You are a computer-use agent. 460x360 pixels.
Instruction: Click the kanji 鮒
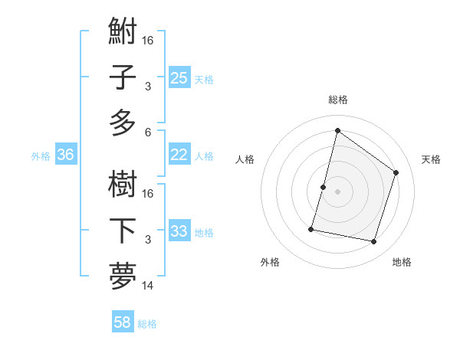click(123, 34)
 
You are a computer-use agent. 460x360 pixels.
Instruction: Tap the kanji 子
click(123, 78)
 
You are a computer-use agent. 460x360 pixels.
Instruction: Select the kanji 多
click(123, 123)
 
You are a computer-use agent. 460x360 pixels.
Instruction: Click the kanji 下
click(123, 231)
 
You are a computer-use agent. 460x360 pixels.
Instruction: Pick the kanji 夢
click(123, 276)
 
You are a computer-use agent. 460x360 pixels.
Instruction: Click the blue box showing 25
click(179, 78)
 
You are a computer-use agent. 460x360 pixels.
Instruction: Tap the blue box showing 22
click(179, 155)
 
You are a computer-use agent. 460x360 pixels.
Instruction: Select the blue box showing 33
click(179, 231)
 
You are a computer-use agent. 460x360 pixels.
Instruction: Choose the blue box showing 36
click(66, 155)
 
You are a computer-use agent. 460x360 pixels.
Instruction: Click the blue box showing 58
click(123, 322)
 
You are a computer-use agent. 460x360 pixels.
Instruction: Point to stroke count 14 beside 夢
click(148, 286)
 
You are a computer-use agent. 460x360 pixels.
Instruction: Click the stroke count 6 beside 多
click(148, 131)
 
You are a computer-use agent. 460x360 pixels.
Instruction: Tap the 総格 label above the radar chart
click(337, 100)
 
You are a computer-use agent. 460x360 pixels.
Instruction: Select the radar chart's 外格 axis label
click(270, 262)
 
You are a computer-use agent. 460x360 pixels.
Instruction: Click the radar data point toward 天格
click(396, 172)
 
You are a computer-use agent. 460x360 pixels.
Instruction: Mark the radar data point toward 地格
click(374, 241)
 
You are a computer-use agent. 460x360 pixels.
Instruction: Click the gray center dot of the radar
click(337, 191)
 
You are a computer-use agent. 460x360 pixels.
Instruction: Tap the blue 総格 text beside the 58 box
click(147, 323)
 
